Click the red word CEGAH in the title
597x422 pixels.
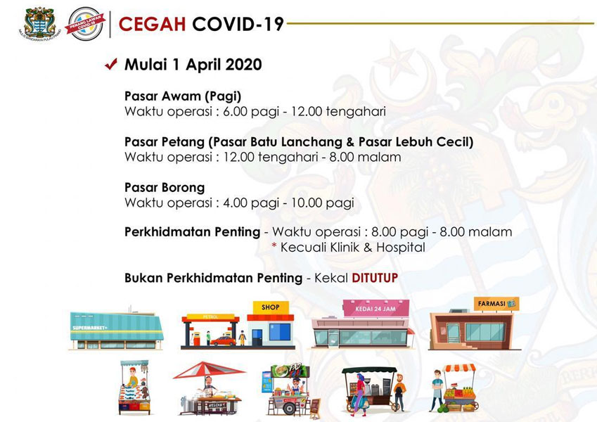click(152, 25)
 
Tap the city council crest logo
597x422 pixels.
click(39, 24)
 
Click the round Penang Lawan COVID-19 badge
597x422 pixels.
click(85, 24)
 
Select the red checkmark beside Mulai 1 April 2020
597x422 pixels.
click(111, 64)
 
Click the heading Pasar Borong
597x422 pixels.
click(165, 187)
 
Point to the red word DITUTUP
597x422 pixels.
click(375, 278)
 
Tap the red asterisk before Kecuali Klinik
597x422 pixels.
click(274, 245)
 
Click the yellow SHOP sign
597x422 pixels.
click(270, 307)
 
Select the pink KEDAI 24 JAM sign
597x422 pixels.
click(375, 309)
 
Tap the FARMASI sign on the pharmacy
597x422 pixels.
click(496, 304)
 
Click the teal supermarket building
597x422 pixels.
click(117, 330)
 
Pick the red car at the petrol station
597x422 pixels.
click(223, 341)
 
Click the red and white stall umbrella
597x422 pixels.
click(209, 370)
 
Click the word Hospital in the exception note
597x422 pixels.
click(401, 247)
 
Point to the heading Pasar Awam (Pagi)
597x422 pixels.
click(183, 96)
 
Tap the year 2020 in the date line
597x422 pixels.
click(243, 65)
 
